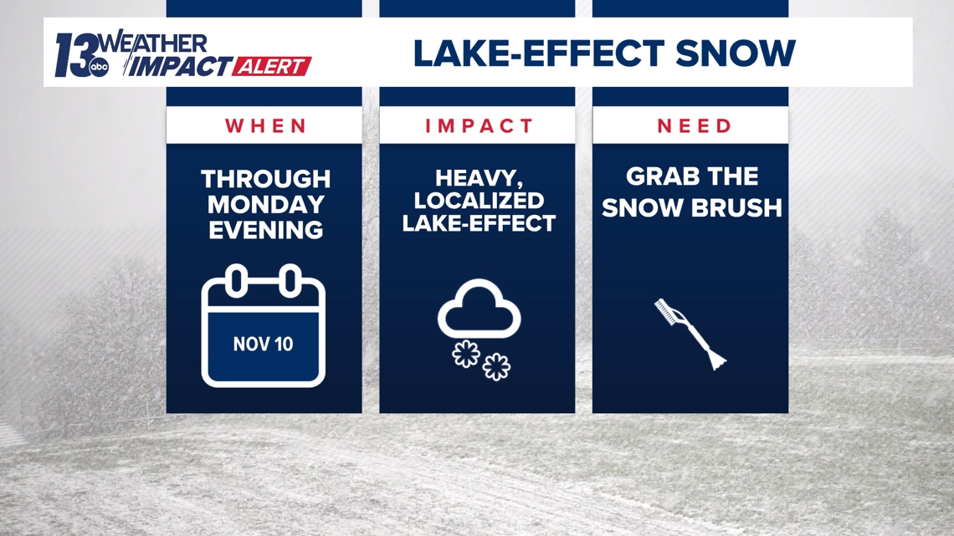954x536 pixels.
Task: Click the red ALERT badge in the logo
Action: [x=271, y=66]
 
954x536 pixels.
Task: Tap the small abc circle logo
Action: [x=99, y=68]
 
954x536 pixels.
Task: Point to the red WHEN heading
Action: [x=265, y=125]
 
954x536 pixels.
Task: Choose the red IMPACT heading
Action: [x=479, y=125]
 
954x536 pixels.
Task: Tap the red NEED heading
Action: [x=695, y=125]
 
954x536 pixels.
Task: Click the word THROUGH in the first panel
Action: [x=266, y=179]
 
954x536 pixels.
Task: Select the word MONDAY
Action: [x=266, y=205]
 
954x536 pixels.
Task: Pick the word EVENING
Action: [x=266, y=230]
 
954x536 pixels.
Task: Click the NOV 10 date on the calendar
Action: [x=263, y=344]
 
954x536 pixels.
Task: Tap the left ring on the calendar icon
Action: [x=237, y=281]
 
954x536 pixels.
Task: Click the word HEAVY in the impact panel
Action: [x=479, y=178]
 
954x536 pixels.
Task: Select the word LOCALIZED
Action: [x=479, y=201]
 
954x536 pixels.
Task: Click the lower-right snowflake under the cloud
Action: [x=496, y=366]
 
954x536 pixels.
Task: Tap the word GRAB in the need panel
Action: [x=653, y=176]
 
